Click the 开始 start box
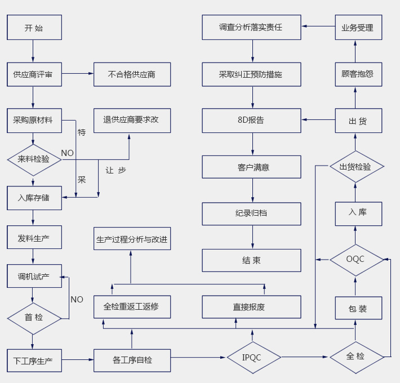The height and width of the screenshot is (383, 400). point(34,28)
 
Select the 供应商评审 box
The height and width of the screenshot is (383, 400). point(34,74)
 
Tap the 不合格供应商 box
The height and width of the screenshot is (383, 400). point(132,74)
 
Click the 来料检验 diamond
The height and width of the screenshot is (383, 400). point(34,159)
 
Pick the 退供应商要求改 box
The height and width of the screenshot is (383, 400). point(132,120)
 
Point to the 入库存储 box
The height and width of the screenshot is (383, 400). point(34,198)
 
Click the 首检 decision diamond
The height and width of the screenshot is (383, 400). point(34,318)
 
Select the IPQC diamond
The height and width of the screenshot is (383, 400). point(254,357)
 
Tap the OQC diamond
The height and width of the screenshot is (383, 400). point(355,260)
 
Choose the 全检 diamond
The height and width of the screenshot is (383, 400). point(355,357)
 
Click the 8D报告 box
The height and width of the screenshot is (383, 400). point(251,120)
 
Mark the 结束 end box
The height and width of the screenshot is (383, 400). point(251,260)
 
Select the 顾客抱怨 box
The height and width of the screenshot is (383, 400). point(358,74)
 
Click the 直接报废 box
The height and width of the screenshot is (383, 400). point(251,307)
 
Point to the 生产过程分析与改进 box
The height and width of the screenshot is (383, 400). point(132,239)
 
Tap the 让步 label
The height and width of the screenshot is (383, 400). point(115,170)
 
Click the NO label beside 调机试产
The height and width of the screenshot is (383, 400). point(77,300)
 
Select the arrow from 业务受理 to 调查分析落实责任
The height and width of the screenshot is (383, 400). point(318,26)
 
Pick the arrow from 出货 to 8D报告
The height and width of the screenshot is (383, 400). point(318,120)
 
